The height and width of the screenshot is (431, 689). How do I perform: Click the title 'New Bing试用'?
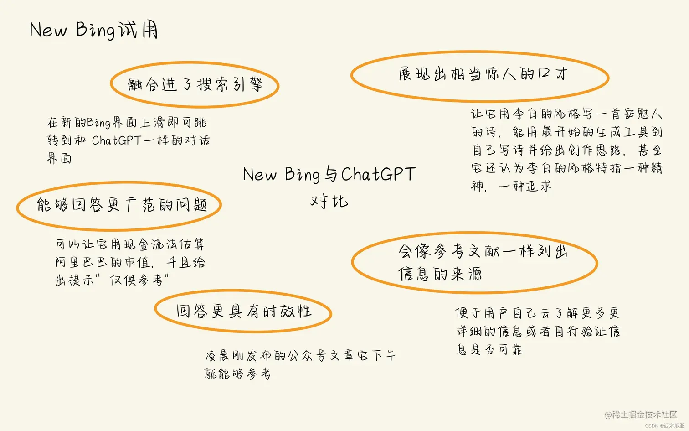[x=93, y=30]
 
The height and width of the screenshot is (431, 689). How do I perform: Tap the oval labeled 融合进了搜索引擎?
[x=195, y=84]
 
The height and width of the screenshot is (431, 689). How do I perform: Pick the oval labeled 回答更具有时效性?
[x=243, y=311]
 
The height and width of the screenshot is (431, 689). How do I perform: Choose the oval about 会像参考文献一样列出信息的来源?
[x=474, y=262]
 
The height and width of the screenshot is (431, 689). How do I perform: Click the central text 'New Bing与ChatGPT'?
[x=329, y=174]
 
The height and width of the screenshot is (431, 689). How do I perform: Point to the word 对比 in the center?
[x=329, y=201]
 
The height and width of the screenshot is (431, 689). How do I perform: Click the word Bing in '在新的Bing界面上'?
[x=98, y=122]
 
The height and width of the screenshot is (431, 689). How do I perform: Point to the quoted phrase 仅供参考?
[x=136, y=280]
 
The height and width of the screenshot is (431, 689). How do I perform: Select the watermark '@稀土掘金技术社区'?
[x=640, y=415]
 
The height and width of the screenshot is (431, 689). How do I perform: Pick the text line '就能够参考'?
[x=237, y=374]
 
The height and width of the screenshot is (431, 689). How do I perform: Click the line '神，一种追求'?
[x=511, y=186]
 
